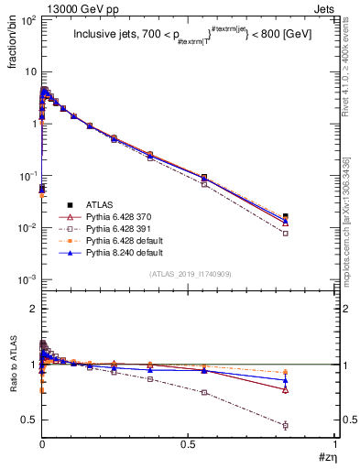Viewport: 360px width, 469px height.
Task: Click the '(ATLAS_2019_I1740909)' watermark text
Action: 190,274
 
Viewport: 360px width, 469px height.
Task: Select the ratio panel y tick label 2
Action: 33,310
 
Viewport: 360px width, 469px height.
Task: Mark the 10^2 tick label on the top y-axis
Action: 27,19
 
